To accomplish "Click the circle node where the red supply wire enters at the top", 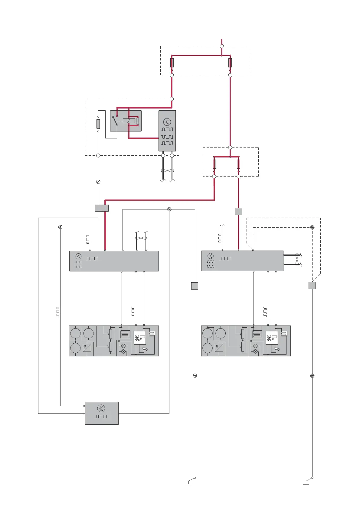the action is (x=222, y=46).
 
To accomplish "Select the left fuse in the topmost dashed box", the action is (x=172, y=63).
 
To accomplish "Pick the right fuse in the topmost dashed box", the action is (x=230, y=63).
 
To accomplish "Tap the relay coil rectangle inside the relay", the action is (x=129, y=121).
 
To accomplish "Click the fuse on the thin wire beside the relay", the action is (x=98, y=124).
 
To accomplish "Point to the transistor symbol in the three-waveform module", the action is (x=167, y=122).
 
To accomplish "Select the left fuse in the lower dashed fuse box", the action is (x=214, y=164).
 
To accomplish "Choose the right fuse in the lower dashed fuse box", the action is (x=238, y=164).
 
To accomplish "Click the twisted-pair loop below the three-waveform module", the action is (x=167, y=171).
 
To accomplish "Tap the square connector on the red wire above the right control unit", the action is (x=239, y=212).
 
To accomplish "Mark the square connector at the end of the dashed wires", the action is (x=312, y=285).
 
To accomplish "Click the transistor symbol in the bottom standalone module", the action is (x=101, y=408).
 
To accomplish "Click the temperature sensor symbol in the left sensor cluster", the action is (x=87, y=348).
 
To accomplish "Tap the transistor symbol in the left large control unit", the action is (x=78, y=256).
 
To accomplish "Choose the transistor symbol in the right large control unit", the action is (x=211, y=256).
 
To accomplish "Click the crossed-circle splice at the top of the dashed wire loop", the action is (x=313, y=227).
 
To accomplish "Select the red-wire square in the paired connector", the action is (x=105, y=208).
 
